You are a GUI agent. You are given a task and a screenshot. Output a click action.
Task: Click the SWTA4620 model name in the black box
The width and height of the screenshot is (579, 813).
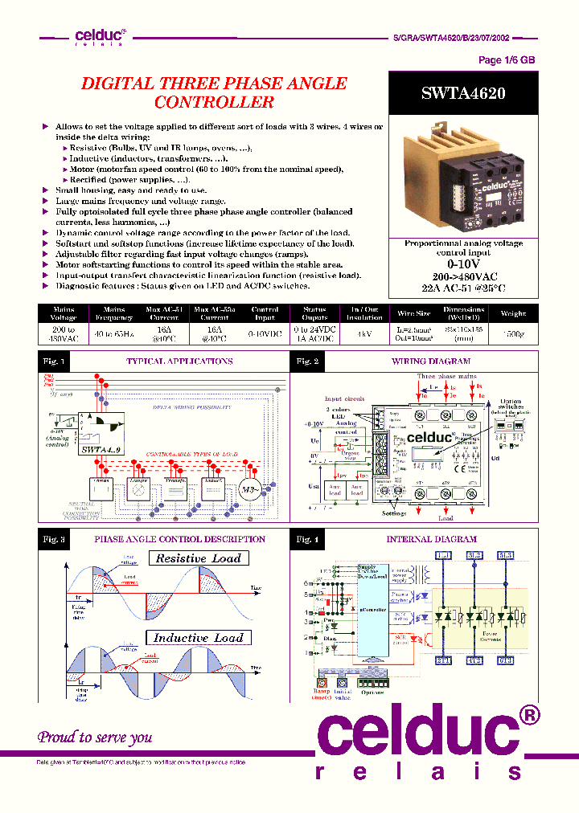pyautogui.click(x=462, y=93)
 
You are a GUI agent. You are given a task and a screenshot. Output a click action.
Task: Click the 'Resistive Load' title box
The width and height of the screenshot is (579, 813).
pyautogui.click(x=198, y=558)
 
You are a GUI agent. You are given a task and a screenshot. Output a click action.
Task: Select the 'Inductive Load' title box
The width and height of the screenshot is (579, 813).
pyautogui.click(x=198, y=638)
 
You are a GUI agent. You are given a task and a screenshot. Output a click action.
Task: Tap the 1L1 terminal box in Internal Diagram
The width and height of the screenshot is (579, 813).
pyautogui.click(x=443, y=556)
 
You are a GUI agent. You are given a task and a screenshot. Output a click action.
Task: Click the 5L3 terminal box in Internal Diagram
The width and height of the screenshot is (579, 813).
pyautogui.click(x=506, y=556)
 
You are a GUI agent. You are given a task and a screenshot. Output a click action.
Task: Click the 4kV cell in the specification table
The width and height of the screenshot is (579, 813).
pyautogui.click(x=364, y=333)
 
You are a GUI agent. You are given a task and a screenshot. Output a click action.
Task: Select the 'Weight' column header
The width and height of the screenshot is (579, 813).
pyautogui.click(x=512, y=313)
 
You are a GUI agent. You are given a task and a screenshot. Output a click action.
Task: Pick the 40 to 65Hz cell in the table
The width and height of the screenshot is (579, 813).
pyautogui.click(x=113, y=333)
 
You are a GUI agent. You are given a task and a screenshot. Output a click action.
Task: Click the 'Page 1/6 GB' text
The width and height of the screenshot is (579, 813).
pyautogui.click(x=506, y=60)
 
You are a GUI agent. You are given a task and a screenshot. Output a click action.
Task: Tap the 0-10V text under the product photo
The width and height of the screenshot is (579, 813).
pyautogui.click(x=462, y=264)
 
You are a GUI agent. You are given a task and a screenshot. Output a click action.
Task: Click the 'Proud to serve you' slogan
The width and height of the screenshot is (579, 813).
pyautogui.click(x=95, y=737)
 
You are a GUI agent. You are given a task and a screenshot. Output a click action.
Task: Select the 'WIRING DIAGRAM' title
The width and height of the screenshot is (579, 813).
pyautogui.click(x=431, y=362)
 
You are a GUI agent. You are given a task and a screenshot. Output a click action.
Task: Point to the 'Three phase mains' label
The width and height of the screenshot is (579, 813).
pyautogui.click(x=446, y=376)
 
